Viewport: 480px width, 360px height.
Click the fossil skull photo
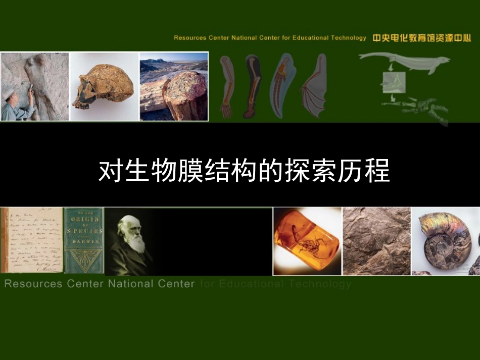[x=104, y=87]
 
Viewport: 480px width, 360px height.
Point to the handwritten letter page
[x=31, y=241]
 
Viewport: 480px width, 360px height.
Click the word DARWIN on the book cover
[x=83, y=242]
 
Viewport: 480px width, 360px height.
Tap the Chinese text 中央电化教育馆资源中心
[x=421, y=38]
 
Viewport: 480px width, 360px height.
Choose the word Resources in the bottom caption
[x=33, y=284]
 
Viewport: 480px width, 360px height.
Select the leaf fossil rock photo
[x=376, y=241]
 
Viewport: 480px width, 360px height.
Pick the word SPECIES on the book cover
[x=83, y=231]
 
